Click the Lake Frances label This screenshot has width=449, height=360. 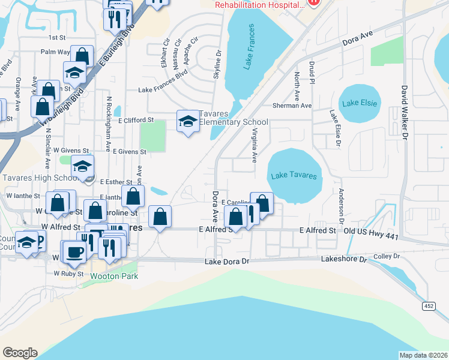click(x=250, y=47)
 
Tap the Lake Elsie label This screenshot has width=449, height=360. click(x=360, y=103)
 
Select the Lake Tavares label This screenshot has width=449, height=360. click(x=293, y=176)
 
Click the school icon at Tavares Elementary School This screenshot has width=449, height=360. click(x=188, y=122)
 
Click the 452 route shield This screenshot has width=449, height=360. click(x=429, y=307)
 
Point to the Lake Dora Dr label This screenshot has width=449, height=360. click(x=226, y=262)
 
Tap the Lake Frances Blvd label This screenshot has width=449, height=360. click(x=163, y=90)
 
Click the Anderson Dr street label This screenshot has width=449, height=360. click(x=340, y=205)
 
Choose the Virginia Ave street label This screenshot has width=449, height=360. click(x=255, y=146)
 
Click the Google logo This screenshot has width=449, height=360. click(x=20, y=353)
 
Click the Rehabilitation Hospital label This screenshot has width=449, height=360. click(x=260, y=5)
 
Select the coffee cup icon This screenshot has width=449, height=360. click(x=75, y=251)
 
